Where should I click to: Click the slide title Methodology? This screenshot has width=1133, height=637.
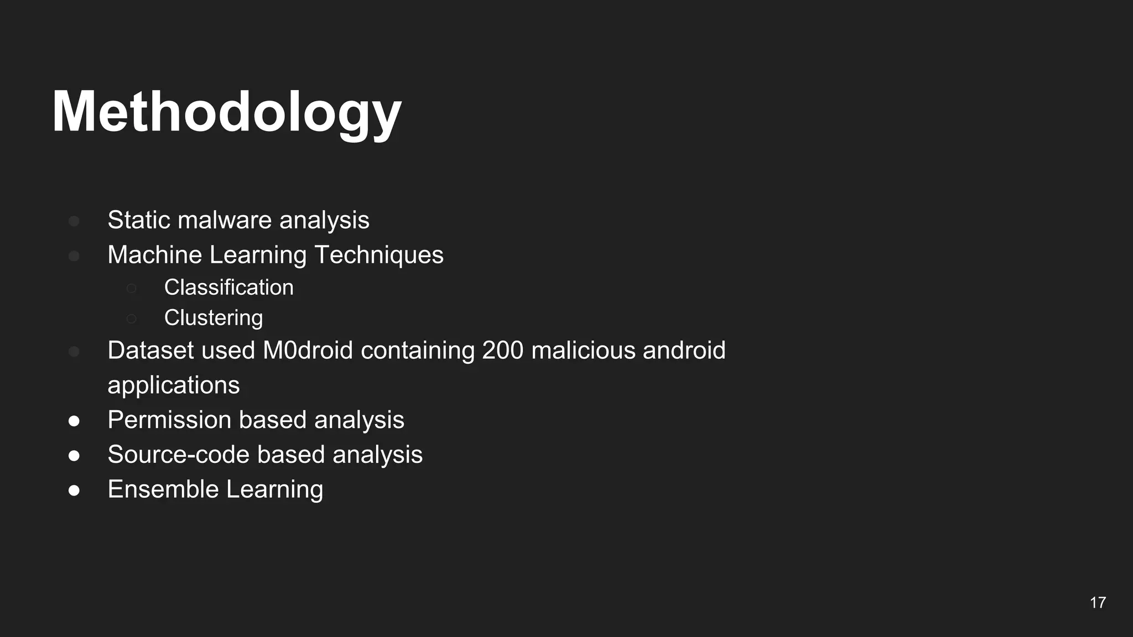coord(227,112)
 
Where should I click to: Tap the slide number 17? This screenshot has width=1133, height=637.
coord(1098,603)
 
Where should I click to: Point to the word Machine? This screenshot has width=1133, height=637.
coord(154,255)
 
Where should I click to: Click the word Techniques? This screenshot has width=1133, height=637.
coord(379,255)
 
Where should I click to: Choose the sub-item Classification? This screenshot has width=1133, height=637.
coord(228,288)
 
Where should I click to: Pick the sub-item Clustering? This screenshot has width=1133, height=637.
coord(214,318)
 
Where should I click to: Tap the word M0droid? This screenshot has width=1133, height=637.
coord(308,351)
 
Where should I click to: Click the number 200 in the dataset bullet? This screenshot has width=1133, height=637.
coord(502,351)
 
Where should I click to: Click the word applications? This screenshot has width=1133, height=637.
coord(174,385)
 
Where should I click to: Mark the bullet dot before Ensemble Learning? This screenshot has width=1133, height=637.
coord(74,490)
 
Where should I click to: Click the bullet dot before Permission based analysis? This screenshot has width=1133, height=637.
coord(74,421)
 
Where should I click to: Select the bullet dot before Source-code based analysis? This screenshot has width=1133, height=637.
coord(74,456)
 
